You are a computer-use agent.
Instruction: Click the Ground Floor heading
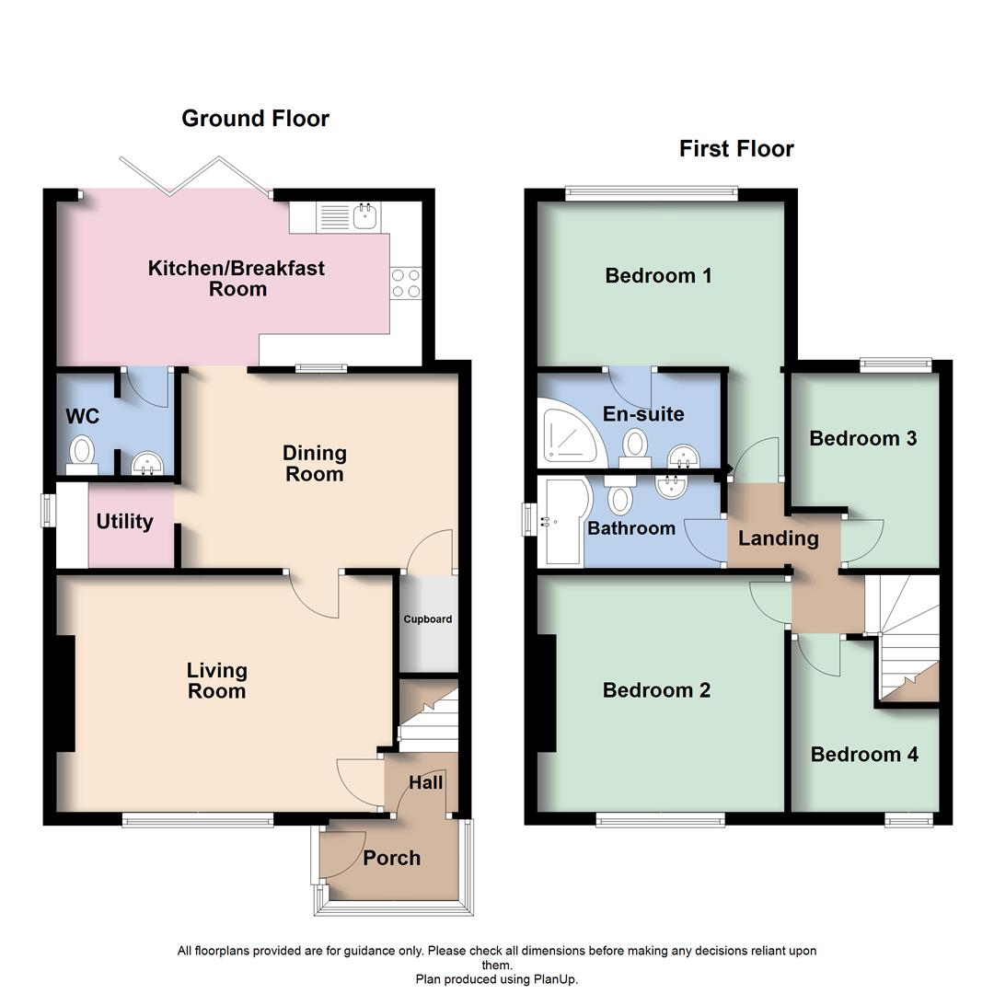(255, 119)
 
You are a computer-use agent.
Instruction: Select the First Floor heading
(736, 149)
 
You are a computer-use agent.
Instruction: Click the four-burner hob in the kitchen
(406, 283)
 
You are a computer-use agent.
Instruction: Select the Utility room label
(124, 522)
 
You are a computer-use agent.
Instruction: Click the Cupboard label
(428, 619)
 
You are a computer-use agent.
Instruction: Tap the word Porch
(391, 858)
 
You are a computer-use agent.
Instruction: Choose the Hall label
(425, 783)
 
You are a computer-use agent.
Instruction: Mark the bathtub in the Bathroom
(561, 521)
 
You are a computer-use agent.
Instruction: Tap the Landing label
(779, 538)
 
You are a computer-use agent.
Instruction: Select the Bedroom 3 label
(862, 438)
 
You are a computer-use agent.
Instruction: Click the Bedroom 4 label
(864, 755)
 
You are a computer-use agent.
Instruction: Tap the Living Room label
(217, 681)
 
